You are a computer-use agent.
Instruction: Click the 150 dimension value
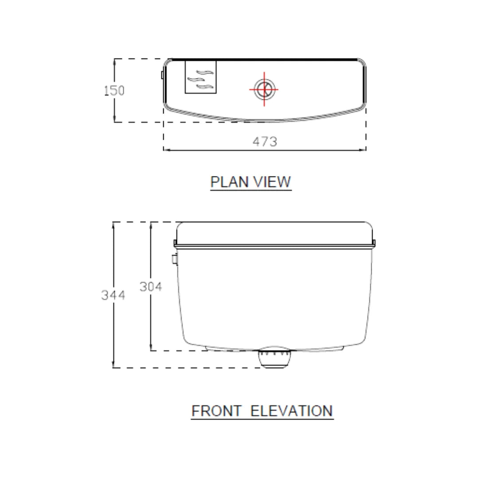click(x=114, y=90)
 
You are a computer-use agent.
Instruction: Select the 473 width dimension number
click(x=265, y=141)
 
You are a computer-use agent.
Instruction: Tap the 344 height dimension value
click(x=113, y=295)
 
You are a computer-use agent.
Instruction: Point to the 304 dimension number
click(x=151, y=287)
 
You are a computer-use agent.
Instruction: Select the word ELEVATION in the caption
click(x=292, y=411)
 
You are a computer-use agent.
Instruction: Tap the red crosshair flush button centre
click(x=264, y=89)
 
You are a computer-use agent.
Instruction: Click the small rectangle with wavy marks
click(x=200, y=77)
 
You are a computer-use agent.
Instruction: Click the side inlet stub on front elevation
click(x=174, y=259)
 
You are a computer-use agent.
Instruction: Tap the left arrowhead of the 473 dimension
click(x=165, y=150)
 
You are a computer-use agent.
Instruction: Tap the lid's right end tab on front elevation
click(x=374, y=243)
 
